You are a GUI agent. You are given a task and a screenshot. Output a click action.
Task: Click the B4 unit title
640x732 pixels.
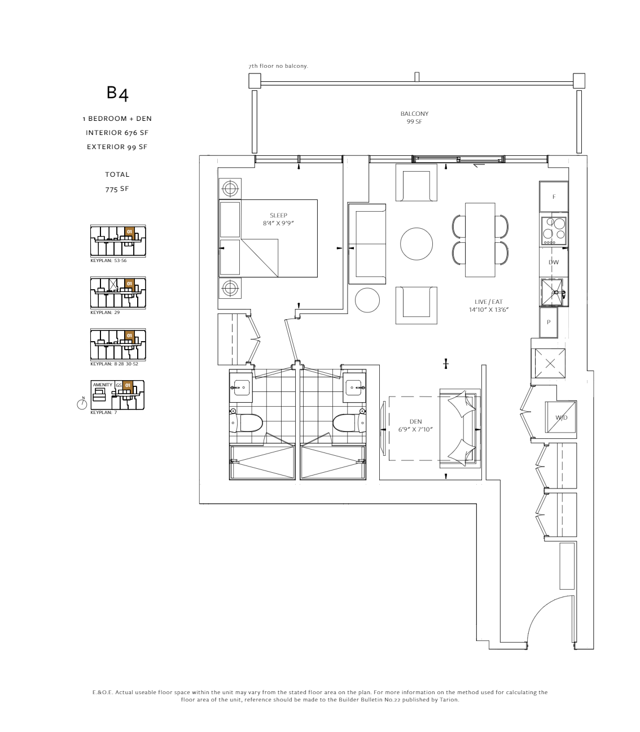point(117,93)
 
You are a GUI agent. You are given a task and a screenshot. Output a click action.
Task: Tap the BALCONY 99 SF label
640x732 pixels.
point(414,117)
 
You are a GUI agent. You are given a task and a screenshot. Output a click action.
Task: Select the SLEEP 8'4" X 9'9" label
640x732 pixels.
point(278,219)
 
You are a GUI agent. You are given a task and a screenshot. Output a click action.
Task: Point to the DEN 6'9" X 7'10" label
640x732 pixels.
point(415,425)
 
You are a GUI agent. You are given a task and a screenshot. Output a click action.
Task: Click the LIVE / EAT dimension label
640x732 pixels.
point(488,306)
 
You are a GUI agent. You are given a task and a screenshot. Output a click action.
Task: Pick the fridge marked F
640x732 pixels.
point(554,197)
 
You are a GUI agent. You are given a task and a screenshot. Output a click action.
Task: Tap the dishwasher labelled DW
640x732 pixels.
point(554,262)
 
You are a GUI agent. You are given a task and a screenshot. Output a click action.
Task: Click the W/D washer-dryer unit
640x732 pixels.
point(560,417)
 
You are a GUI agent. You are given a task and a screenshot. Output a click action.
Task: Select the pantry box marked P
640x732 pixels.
point(549,323)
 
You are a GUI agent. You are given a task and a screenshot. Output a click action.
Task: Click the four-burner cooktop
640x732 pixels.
point(554,231)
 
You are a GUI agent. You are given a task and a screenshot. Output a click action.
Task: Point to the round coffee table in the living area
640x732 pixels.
point(416,244)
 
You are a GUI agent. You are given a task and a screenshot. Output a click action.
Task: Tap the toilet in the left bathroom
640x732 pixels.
point(246,423)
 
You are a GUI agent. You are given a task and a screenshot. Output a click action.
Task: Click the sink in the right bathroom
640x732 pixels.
point(353,388)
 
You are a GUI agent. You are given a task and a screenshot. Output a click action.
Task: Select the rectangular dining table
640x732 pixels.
point(480,239)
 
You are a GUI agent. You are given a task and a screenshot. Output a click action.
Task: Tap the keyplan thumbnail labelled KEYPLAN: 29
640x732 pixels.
point(118,293)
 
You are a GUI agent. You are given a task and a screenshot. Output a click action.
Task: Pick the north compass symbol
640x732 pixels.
point(82,403)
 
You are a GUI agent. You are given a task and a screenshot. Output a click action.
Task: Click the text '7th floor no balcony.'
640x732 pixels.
point(278,66)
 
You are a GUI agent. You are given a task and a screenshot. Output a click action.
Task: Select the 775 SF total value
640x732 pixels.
point(117,189)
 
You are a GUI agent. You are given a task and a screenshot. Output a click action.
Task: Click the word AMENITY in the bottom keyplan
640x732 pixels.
point(103,385)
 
